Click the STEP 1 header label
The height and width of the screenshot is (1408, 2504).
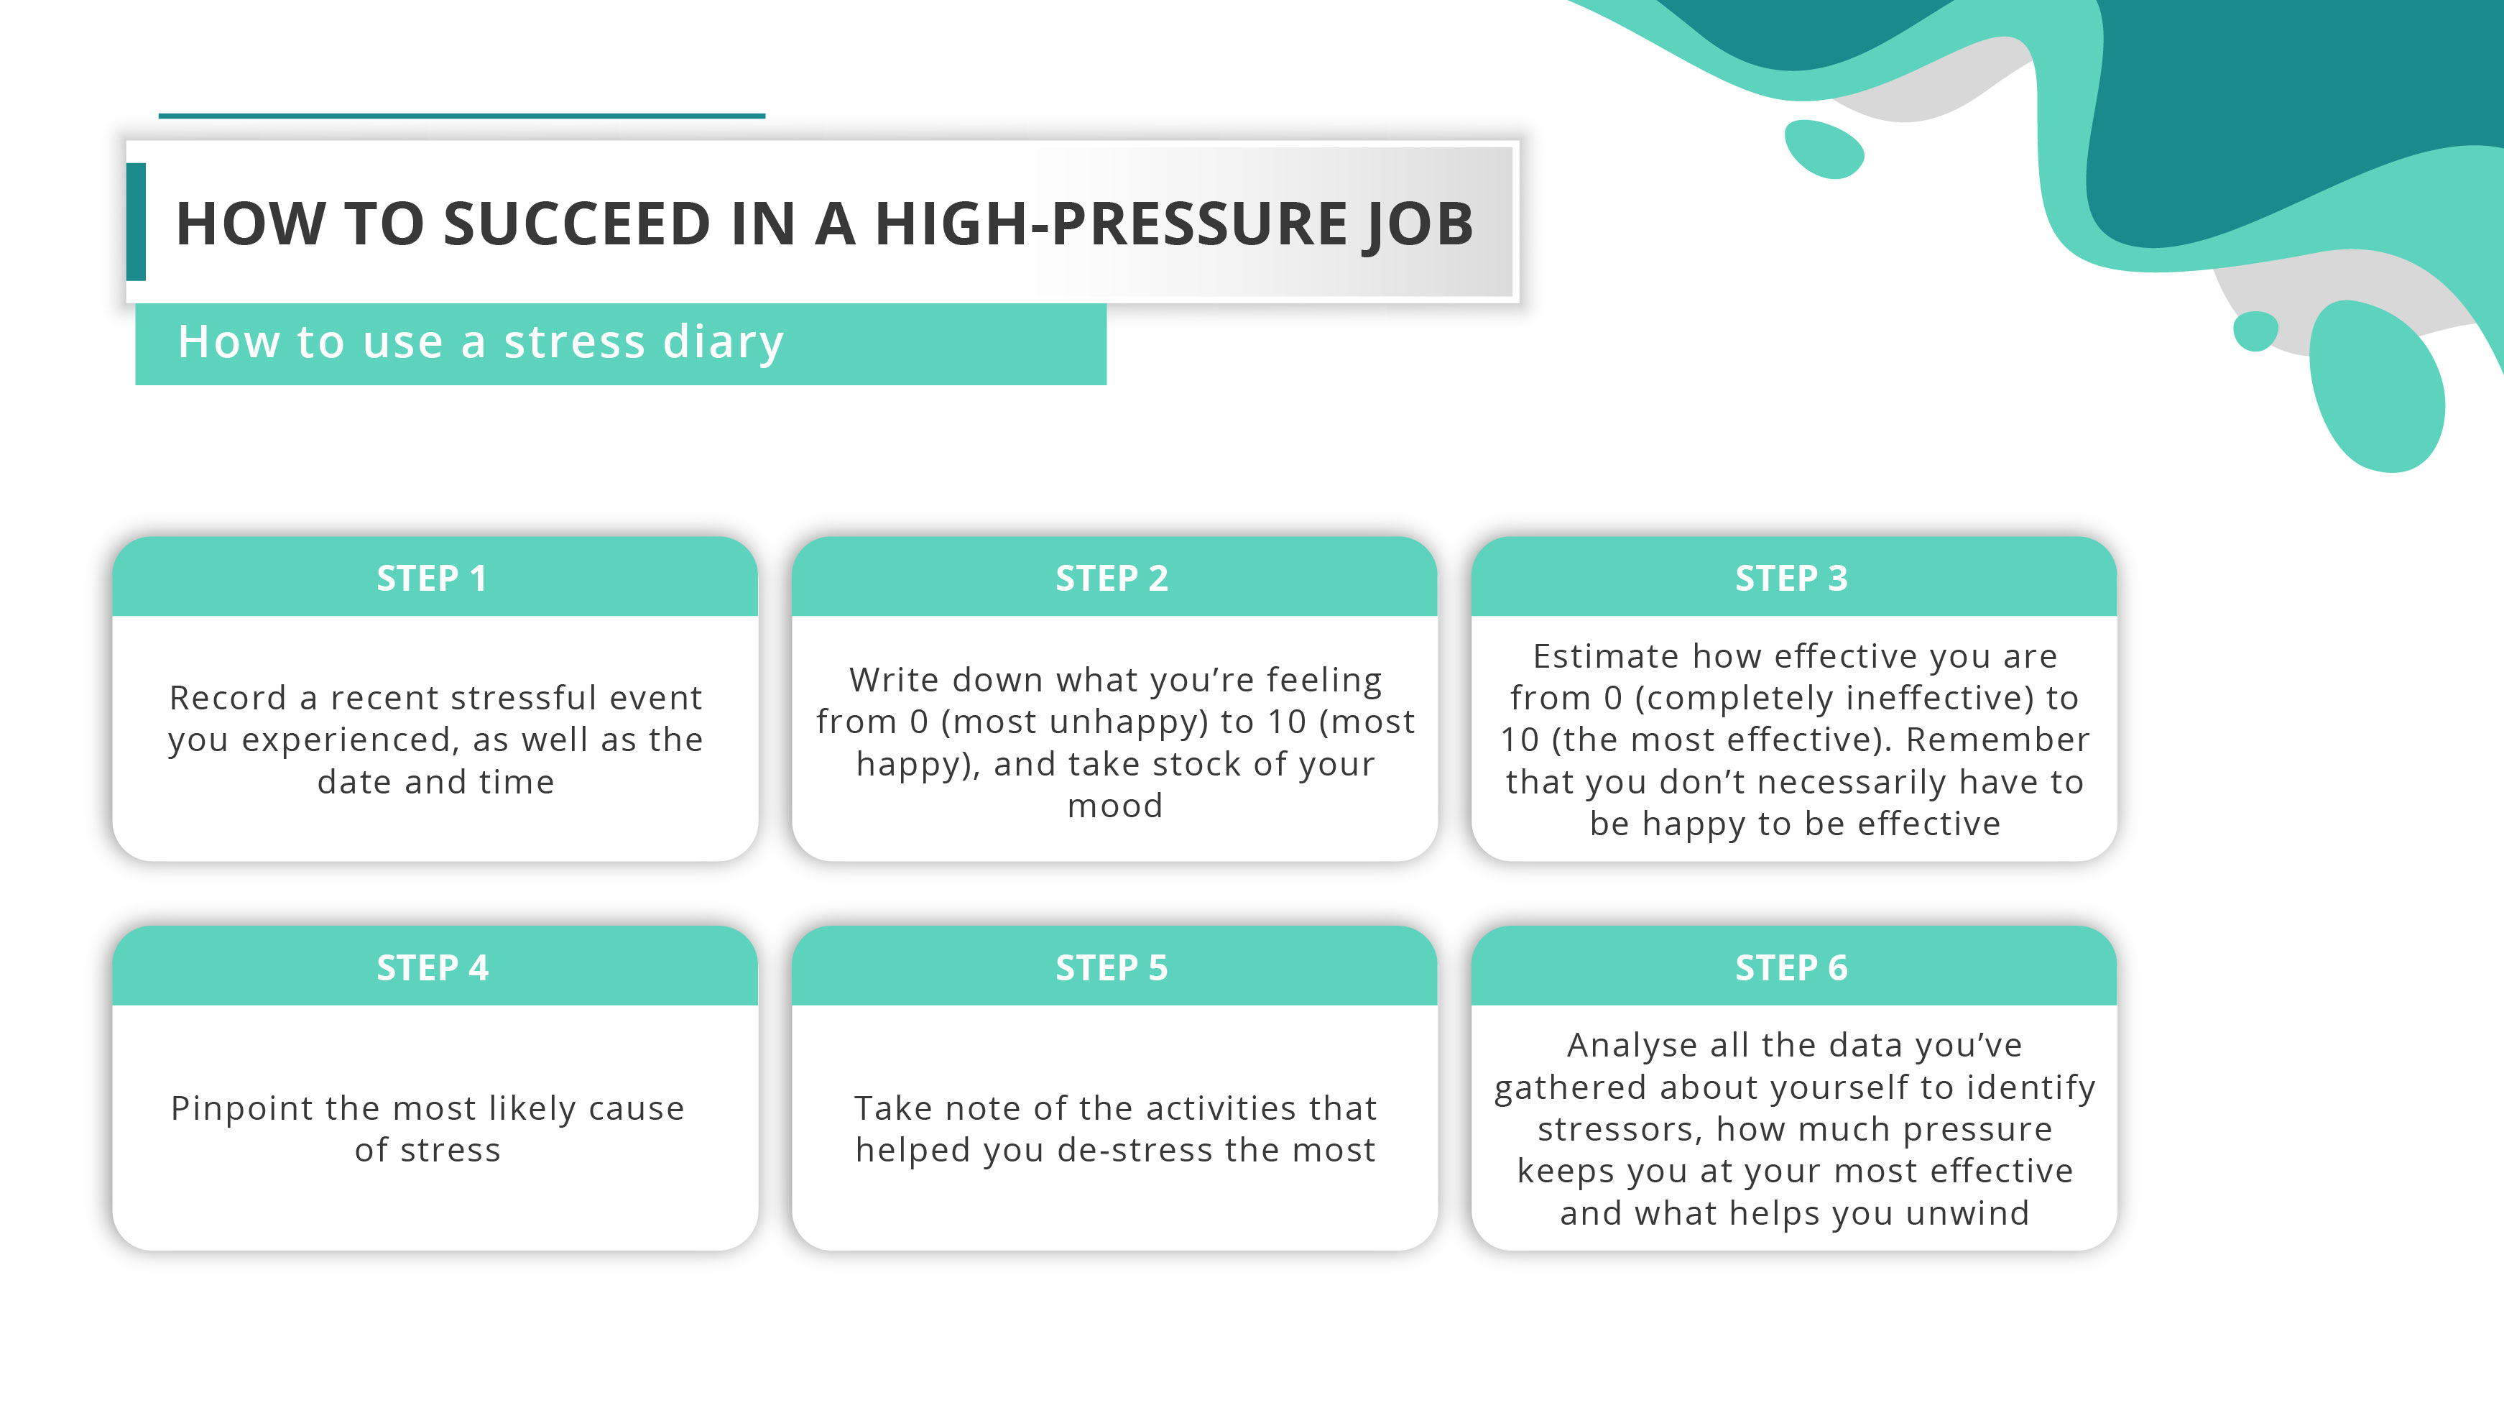pos(432,579)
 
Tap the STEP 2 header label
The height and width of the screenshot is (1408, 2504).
pos(1111,579)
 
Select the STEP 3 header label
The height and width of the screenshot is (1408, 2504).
pos(1791,579)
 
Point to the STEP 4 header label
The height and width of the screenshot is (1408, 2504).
pos(432,967)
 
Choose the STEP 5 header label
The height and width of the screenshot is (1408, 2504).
pos(1111,967)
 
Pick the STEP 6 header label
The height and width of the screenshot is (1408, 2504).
pos(1791,967)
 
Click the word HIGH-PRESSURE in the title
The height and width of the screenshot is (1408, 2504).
pos(1110,224)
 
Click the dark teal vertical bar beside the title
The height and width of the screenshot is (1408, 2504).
pos(136,221)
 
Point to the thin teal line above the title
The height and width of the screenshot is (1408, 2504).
pos(462,116)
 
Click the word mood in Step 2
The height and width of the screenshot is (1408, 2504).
pos(1115,806)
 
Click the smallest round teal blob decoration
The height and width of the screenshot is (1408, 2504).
pos(2255,331)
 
